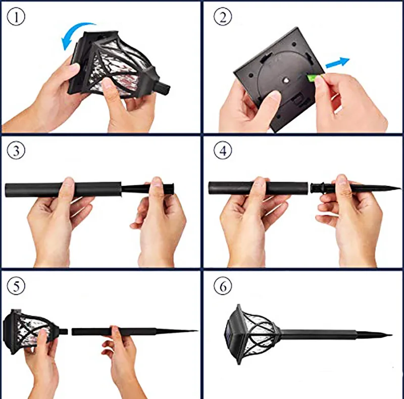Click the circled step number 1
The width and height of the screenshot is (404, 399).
coord(16,17)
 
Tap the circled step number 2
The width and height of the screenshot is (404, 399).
coord(223,17)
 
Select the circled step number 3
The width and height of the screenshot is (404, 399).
coord(16,151)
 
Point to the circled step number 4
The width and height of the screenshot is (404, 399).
coord(223,151)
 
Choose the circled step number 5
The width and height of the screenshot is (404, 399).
coord(16,285)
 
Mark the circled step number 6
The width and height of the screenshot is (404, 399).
coord(223,285)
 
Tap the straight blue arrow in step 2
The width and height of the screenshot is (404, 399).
coord(337,63)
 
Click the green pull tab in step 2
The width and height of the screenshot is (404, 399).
coord(311,78)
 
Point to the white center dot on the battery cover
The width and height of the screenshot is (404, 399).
coord(285,81)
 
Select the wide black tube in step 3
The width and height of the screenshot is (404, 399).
coord(63,189)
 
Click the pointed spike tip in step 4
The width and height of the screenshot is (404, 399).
coord(400,189)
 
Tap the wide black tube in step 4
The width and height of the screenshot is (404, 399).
coord(258,188)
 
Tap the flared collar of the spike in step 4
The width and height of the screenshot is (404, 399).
coord(317,188)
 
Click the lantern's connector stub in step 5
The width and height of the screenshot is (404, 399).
coord(64,331)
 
